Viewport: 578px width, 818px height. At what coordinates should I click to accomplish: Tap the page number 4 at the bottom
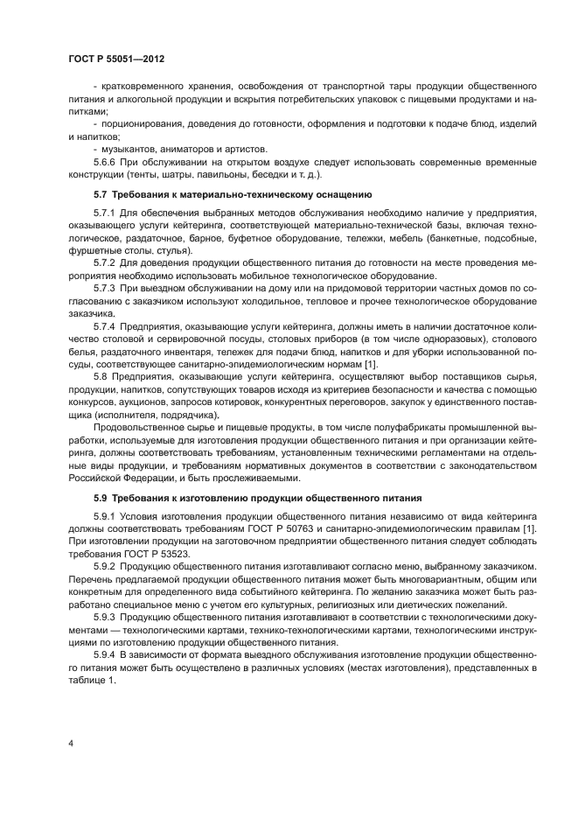point(70,743)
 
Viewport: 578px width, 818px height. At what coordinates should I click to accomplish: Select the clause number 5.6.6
point(106,162)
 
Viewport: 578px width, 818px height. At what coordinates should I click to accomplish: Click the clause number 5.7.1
point(106,213)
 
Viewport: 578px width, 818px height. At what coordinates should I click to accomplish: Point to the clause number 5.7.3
point(106,288)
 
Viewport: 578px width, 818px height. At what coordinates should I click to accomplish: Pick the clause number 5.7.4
point(106,325)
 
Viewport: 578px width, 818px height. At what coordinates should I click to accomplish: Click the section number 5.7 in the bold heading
point(100,193)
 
